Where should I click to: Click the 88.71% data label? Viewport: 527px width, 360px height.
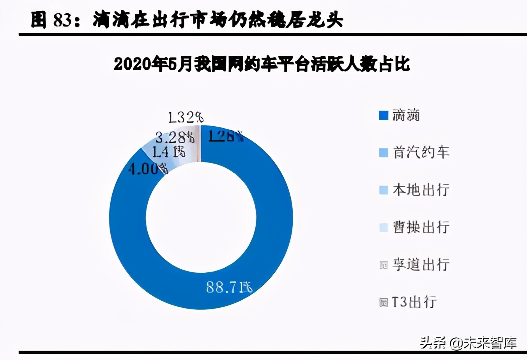click(x=229, y=288)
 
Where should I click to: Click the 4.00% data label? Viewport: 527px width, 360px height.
click(x=148, y=169)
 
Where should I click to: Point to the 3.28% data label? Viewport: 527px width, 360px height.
click(x=174, y=137)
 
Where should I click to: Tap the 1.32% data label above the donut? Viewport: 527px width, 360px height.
click(x=186, y=117)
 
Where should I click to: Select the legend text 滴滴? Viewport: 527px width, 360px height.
click(x=406, y=115)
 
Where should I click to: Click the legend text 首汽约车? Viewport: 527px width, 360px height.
click(x=421, y=152)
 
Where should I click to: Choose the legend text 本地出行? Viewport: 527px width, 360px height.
click(x=421, y=190)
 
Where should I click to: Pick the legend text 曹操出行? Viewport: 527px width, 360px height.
click(x=421, y=227)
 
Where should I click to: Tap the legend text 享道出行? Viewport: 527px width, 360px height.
click(x=421, y=265)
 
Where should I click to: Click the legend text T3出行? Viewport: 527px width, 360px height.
click(x=414, y=302)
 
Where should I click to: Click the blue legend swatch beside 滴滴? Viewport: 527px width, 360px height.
click(x=384, y=115)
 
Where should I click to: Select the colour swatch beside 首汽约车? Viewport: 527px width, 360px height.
click(x=384, y=152)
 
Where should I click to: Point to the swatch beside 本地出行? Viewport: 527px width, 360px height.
click(x=384, y=190)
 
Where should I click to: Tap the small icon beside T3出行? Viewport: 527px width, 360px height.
click(x=384, y=302)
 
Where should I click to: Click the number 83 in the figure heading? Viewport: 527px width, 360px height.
click(x=62, y=20)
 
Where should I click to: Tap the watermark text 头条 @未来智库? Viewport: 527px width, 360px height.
click(x=468, y=343)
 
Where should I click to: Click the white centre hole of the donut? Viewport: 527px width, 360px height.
click(x=201, y=218)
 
